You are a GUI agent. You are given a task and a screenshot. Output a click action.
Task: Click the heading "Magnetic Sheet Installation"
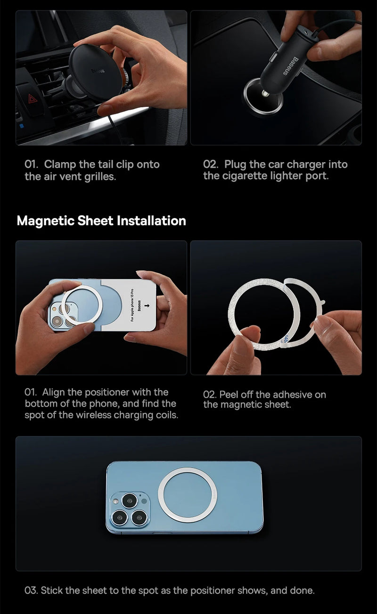point(101,221)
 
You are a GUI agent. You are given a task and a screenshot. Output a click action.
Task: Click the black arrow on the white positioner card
point(149,308)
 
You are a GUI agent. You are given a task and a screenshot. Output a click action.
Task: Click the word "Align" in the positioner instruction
point(53,392)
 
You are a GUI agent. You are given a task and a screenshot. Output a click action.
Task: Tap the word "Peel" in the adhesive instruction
point(229,394)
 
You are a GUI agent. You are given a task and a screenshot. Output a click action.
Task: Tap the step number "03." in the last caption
point(31,590)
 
